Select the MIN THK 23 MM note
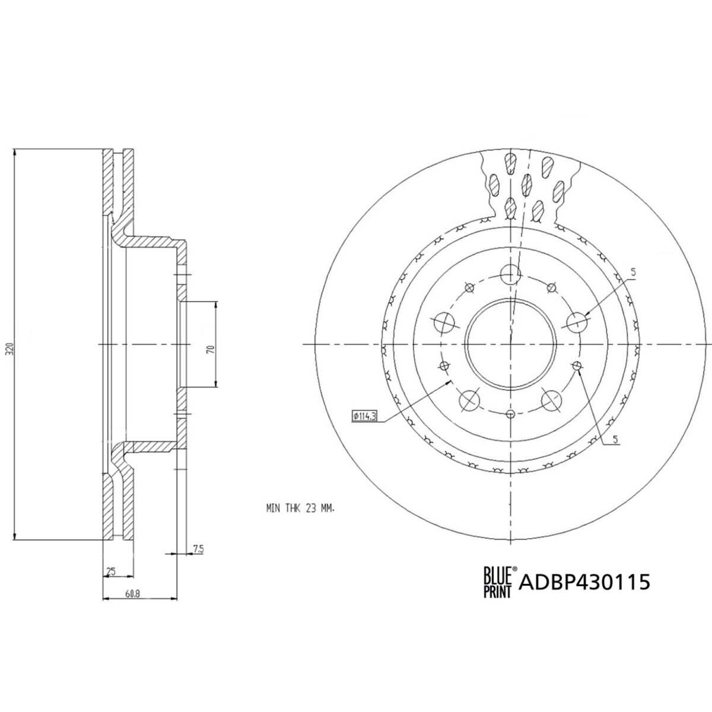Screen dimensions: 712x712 (x=300, y=508)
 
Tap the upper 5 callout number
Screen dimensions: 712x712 (x=633, y=273)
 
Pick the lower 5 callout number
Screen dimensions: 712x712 (x=615, y=439)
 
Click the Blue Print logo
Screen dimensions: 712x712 (x=499, y=581)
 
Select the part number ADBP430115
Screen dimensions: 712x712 (x=584, y=582)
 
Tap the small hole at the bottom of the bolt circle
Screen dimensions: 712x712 (x=510, y=413)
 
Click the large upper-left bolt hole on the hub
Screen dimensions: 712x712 (x=443, y=322)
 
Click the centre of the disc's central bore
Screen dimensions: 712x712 (x=510, y=344)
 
